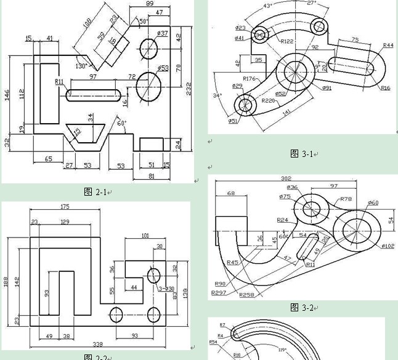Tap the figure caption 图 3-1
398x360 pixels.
[303, 154]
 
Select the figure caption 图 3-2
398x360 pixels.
[303, 308]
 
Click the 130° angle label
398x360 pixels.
[81, 66]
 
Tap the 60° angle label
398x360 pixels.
[121, 124]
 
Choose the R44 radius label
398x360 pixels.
[388, 46]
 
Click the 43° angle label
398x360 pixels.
[267, 6]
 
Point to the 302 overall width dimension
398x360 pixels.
[286, 179]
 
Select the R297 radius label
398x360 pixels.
[219, 292]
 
